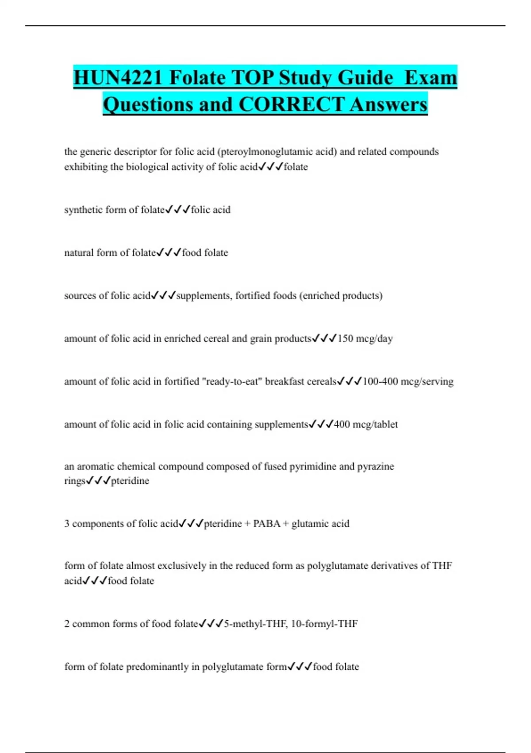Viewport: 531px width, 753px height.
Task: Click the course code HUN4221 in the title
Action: coord(118,78)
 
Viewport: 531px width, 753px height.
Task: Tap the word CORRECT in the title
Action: coord(291,105)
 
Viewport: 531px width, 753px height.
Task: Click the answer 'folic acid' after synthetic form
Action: coord(211,210)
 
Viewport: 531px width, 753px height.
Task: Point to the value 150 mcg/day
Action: coord(365,338)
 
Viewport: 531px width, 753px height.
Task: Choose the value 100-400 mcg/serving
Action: coord(408,381)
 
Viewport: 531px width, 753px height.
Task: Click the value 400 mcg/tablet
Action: coord(366,424)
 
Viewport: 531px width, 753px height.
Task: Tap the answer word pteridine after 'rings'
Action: coord(130,481)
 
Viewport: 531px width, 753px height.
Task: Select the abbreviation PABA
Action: coord(267,524)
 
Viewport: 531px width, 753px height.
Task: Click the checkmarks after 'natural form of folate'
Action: coord(169,252)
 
